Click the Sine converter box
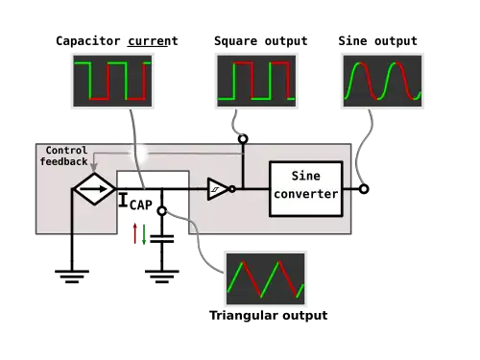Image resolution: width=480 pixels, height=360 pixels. [306, 189]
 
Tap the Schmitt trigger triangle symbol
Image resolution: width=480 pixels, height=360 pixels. [218, 189]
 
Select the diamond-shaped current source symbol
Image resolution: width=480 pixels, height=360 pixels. [94, 189]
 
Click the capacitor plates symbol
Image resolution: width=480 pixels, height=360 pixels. [162, 239]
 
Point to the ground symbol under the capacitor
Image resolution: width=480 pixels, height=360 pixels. [162, 276]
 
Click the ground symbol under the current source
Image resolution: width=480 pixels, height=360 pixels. [72, 276]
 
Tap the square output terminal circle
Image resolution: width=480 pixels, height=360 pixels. [243, 139]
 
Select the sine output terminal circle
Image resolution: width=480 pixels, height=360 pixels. [364, 189]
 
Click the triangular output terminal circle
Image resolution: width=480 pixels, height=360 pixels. [162, 211]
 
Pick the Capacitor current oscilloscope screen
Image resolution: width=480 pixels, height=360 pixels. [112, 81]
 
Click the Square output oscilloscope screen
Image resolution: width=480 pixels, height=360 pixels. [256, 81]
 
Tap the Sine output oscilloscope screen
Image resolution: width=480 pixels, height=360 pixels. [382, 81]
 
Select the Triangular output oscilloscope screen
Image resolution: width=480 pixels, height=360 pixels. [265, 278]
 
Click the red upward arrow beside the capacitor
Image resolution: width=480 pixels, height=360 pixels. [135, 233]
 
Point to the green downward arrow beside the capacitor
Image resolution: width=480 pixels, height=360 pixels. [144, 234]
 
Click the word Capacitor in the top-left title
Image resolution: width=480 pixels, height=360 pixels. [88, 41]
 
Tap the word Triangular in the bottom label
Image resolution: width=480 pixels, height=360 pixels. [243, 316]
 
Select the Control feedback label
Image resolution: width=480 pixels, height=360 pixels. [64, 156]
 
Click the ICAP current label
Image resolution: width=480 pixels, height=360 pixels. [135, 202]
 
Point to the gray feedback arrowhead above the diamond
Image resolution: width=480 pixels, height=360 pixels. [93, 167]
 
